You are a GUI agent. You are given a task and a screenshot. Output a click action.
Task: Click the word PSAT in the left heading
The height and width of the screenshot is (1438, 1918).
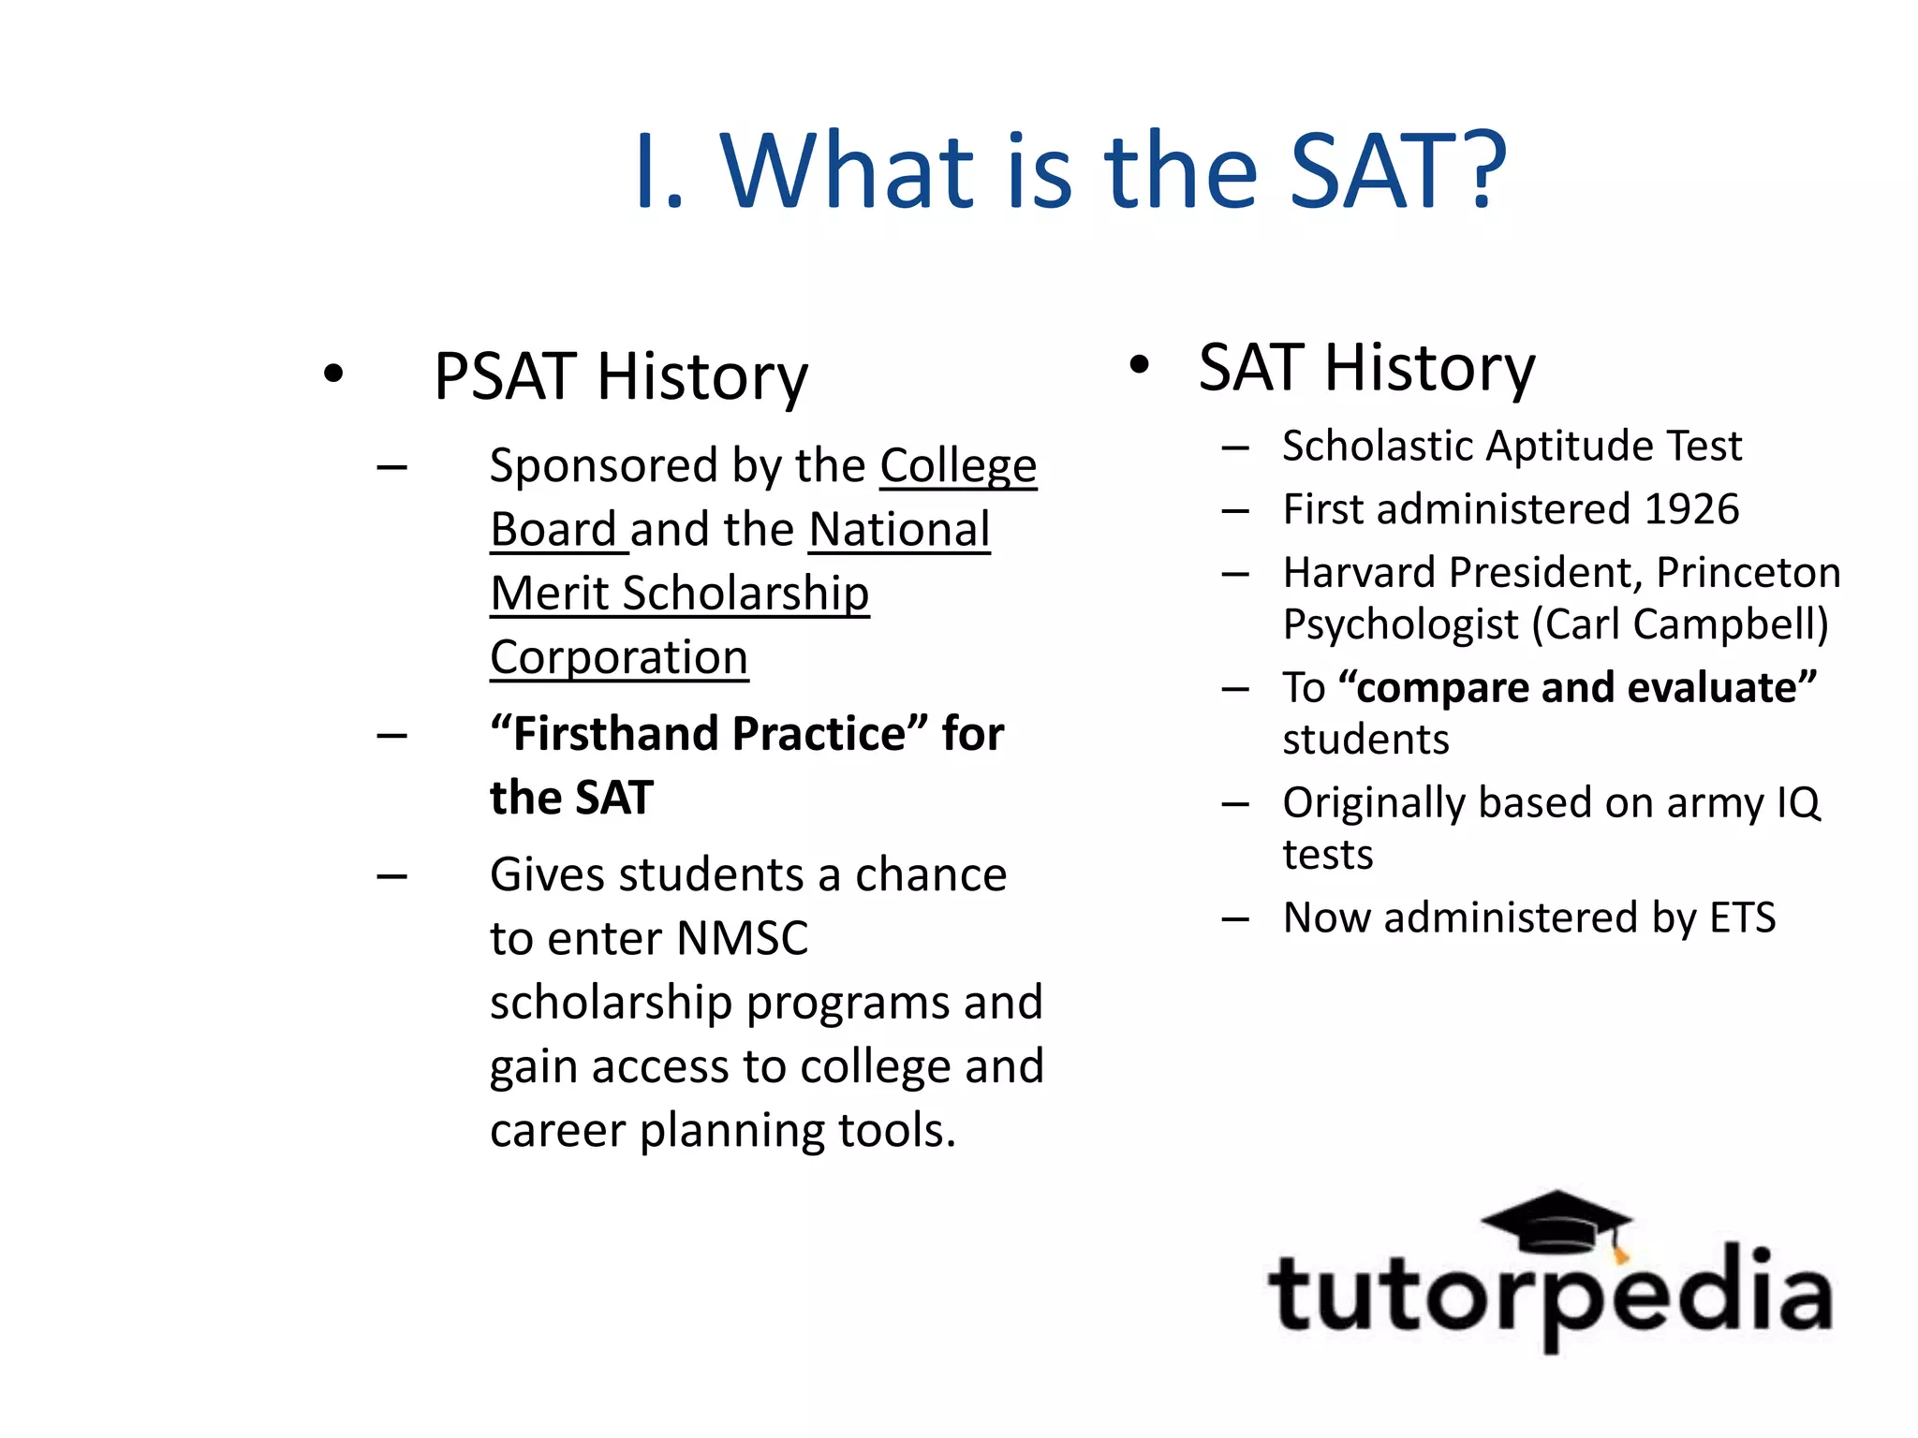pos(505,377)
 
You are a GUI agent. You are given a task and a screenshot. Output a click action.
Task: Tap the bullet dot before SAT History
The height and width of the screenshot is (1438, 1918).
pos(1138,365)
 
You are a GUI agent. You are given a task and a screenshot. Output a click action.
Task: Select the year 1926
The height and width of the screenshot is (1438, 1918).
pos(1691,509)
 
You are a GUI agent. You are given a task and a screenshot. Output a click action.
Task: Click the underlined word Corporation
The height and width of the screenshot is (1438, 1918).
pos(619,657)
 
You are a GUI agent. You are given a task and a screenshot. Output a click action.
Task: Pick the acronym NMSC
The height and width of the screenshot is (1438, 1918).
pos(742,938)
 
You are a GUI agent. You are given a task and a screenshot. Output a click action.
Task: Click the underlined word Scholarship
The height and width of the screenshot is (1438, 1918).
pos(745,594)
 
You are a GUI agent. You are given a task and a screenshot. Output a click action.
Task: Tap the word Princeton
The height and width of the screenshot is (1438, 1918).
pos(1748,573)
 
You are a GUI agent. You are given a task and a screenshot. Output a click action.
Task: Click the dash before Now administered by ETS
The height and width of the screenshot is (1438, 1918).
pos(1234,919)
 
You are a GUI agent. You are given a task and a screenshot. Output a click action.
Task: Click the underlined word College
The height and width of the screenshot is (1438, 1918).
pos(957,466)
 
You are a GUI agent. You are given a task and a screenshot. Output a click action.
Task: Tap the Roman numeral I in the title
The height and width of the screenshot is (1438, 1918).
pos(645,172)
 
